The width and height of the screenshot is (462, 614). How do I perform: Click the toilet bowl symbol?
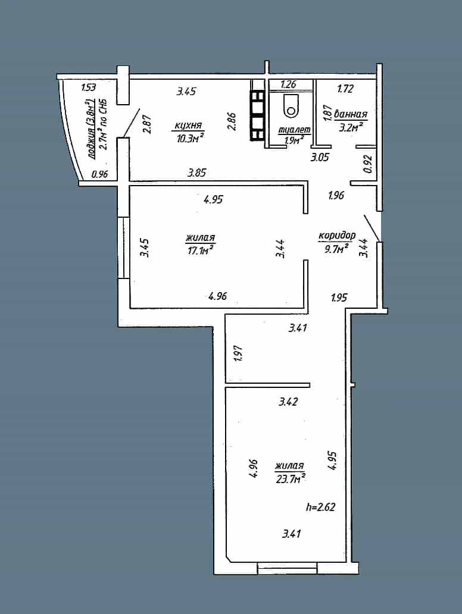291,106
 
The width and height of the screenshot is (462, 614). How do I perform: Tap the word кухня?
188,126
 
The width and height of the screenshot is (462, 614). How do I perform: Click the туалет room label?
294,130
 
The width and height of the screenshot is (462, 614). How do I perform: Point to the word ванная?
351,114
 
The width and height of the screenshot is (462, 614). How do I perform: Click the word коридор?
337,236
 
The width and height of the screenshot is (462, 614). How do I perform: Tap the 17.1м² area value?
201,250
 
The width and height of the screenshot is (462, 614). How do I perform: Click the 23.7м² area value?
291,478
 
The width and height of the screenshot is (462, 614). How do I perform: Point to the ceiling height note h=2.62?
320,507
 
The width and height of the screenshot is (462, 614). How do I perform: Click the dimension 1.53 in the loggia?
88,87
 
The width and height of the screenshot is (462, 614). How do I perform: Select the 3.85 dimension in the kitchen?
196,173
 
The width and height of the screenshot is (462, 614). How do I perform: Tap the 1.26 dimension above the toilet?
288,84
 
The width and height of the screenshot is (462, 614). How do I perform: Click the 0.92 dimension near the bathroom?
367,164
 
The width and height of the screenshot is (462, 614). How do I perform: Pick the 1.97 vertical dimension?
238,353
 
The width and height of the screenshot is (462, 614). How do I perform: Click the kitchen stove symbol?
257,116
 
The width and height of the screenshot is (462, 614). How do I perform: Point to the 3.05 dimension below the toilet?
320,158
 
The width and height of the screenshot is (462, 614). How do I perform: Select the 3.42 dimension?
288,402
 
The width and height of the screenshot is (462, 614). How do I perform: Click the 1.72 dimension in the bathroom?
345,89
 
